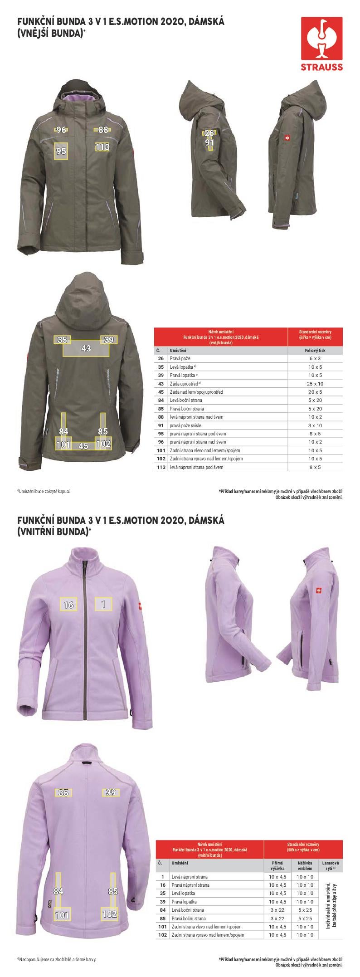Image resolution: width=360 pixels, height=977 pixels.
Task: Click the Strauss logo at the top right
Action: [x=322, y=44]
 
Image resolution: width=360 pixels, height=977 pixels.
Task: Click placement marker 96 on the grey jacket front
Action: [x=62, y=130]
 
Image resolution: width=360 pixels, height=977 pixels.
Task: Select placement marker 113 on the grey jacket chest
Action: [x=102, y=147]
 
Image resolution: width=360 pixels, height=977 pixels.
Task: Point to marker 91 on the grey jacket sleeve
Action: [x=209, y=142]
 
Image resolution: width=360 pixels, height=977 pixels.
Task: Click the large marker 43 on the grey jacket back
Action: [x=86, y=348]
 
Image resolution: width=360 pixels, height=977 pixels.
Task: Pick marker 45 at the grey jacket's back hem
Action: [x=83, y=446]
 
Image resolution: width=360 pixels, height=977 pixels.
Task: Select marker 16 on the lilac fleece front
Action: [x=68, y=605]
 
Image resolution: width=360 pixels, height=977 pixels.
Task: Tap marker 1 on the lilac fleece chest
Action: [x=103, y=604]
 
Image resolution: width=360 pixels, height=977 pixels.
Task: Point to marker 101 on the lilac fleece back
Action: [x=62, y=915]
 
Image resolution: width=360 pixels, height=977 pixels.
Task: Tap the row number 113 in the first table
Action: [x=160, y=467]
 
